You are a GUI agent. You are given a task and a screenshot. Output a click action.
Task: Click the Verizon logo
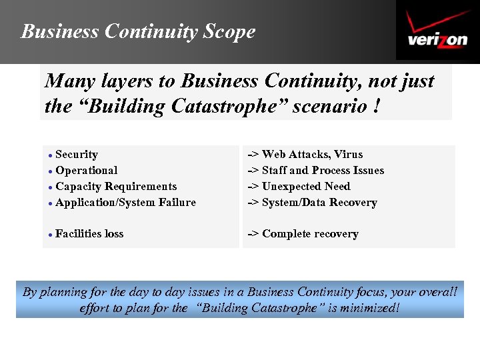[x=437, y=31]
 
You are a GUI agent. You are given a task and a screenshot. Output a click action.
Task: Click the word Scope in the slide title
[x=229, y=31]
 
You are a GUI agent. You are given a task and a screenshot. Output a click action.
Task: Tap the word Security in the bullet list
[x=77, y=155]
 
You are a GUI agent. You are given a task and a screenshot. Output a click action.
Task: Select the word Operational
[x=87, y=171]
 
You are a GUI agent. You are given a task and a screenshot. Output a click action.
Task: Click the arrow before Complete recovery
[x=253, y=234]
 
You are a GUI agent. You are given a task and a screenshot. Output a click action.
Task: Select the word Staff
[x=274, y=171]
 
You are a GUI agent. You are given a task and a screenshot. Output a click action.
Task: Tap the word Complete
[x=287, y=234]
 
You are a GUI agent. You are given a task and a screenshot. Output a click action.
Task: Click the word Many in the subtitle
[x=67, y=81]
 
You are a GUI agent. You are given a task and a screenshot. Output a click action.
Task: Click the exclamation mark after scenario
[x=377, y=106]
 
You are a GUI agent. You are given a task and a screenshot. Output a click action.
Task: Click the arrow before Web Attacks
[x=253, y=155]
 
